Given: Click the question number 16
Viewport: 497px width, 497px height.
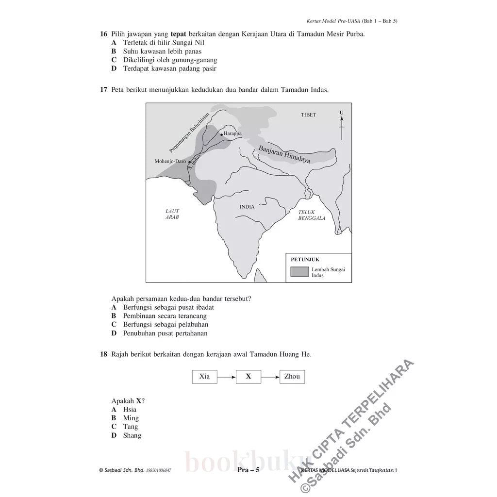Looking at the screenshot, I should tap(103, 34).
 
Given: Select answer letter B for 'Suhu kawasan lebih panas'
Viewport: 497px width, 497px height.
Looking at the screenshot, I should tap(114, 51).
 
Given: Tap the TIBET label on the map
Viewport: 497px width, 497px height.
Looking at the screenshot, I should tap(308, 115).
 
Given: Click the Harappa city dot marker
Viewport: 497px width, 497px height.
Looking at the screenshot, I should tap(222, 134).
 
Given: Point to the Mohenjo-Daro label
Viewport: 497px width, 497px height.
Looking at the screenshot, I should tap(170, 161).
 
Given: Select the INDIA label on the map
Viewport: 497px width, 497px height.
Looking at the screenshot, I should tap(247, 207).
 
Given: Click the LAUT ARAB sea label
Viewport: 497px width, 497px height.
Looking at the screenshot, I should tap(172, 214).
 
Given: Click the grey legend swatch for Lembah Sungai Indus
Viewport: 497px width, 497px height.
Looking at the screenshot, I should tap(299, 272).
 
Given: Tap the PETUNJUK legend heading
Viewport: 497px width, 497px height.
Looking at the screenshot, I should tap(305, 259).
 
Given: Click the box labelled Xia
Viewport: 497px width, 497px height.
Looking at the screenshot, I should tap(204, 377).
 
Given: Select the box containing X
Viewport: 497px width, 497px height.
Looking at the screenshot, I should tap(248, 377).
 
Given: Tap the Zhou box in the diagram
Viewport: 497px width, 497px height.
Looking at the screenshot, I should tap(292, 377).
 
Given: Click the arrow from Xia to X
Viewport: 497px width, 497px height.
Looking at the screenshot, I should tap(226, 377).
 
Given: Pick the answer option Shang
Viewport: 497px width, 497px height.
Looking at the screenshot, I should tap(132, 435).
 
